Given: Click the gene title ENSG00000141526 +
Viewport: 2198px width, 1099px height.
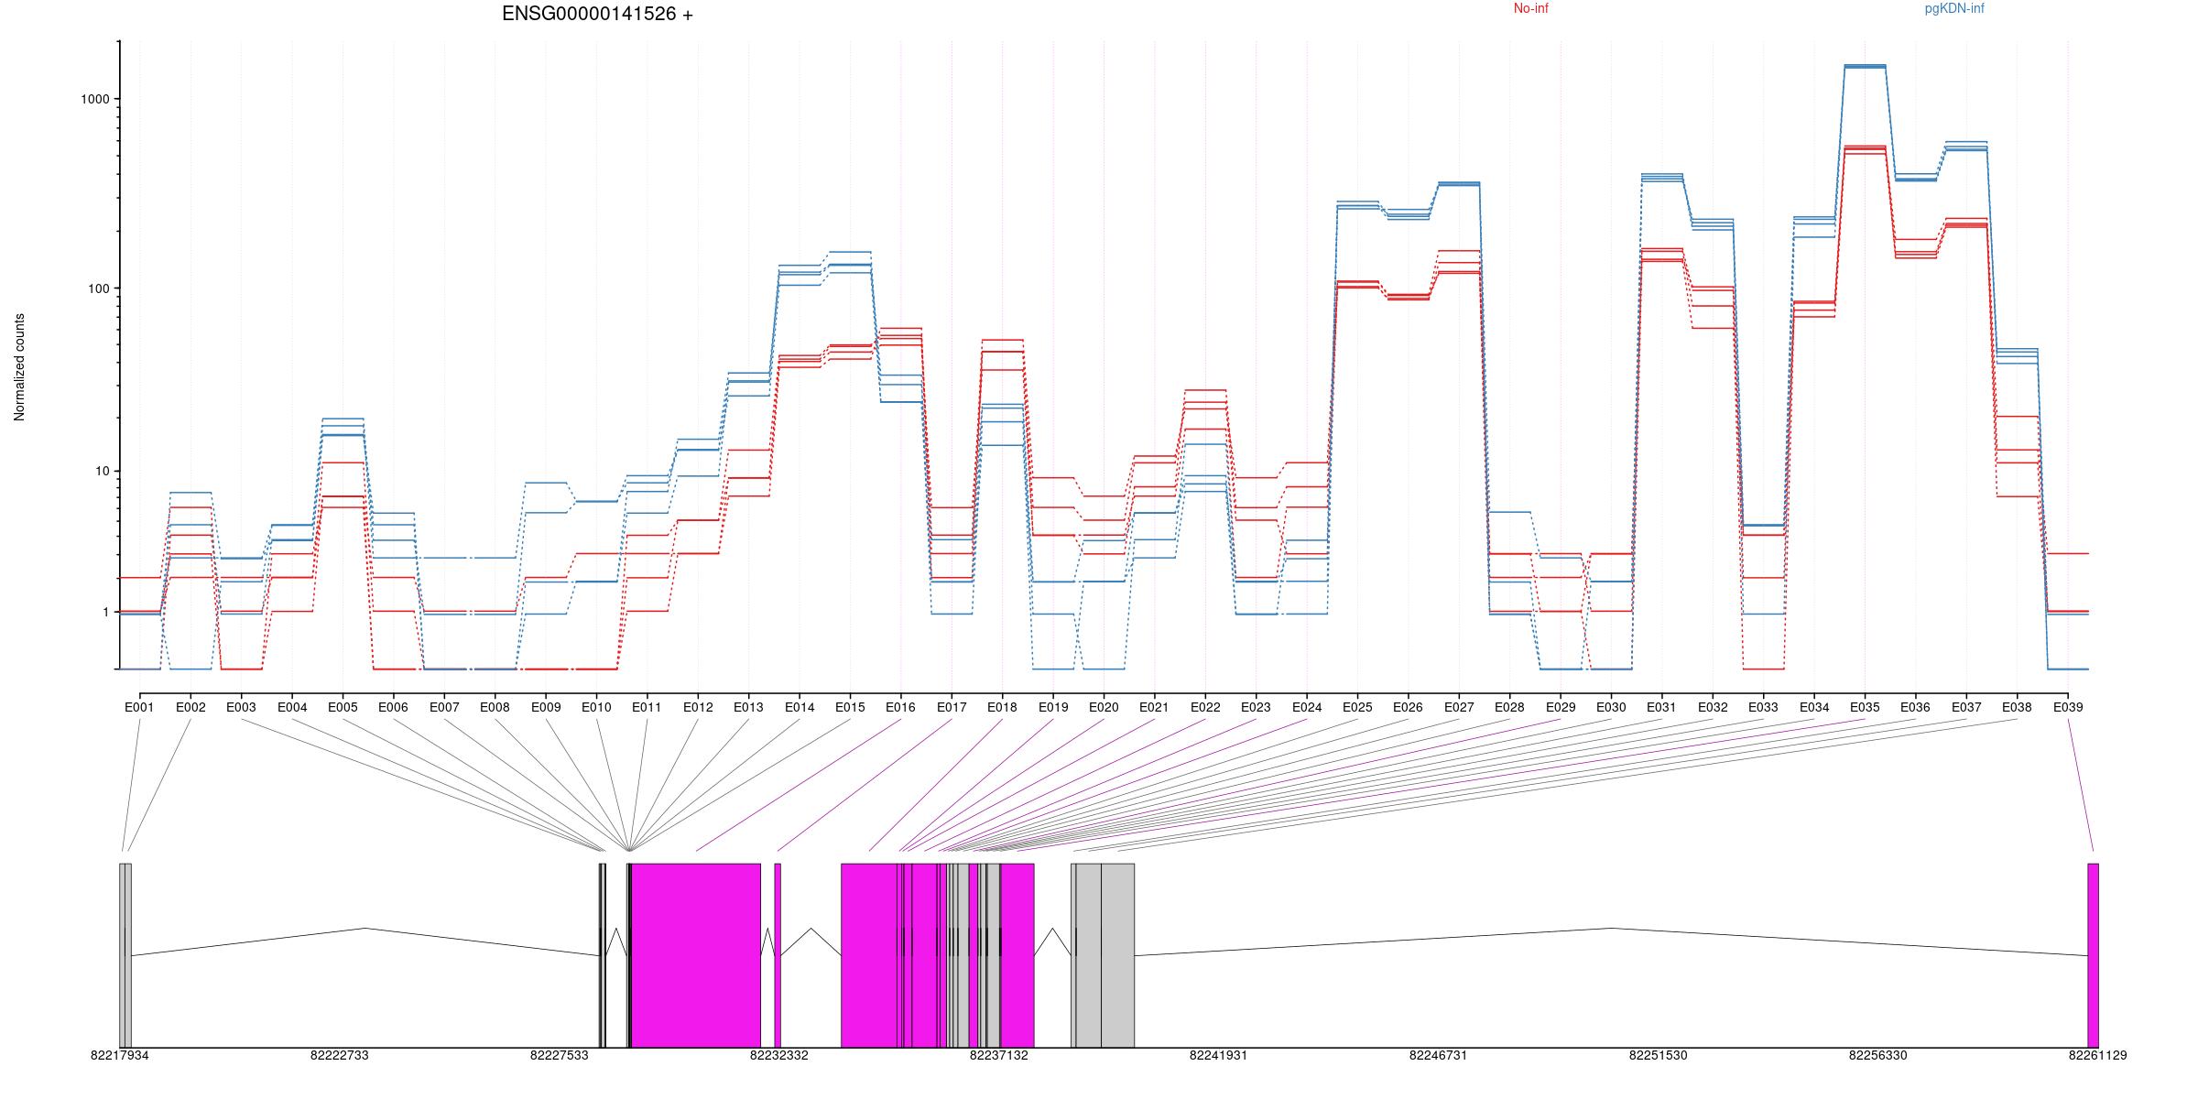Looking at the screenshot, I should (597, 15).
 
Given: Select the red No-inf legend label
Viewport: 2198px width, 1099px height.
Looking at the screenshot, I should (1530, 9).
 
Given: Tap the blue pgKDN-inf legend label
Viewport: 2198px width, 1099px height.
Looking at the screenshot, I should (1954, 9).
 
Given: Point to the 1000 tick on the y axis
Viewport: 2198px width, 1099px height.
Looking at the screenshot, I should (96, 99).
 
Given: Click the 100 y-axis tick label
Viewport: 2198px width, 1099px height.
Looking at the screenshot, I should (100, 288).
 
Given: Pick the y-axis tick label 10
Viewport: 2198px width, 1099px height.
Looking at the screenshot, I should (103, 472).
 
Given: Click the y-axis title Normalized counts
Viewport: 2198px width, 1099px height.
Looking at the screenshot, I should (19, 367).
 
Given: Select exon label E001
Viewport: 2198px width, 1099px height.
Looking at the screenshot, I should (139, 708).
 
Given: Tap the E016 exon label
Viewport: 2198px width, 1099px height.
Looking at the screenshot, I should (900, 708).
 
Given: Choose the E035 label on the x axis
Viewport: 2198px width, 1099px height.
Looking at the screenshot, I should (1864, 708).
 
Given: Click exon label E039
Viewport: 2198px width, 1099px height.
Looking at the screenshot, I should (2067, 708).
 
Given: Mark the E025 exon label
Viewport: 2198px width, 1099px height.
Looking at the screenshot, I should (1357, 708).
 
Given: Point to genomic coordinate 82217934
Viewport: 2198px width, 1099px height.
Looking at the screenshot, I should (119, 1055).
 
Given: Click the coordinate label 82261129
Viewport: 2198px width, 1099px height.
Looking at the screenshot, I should (2097, 1055).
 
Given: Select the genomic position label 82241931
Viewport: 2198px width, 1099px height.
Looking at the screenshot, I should (1218, 1055).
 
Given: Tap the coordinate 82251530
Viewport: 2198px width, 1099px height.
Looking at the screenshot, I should (1658, 1055).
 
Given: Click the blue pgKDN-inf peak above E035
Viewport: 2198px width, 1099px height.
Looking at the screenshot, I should (1864, 66).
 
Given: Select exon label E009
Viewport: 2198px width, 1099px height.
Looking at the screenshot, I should (545, 708).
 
